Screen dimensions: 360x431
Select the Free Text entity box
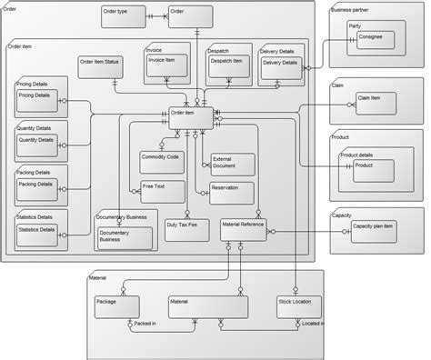pos(160,192)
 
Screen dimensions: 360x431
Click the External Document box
pos(231,165)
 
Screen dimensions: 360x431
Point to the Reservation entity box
pos(231,192)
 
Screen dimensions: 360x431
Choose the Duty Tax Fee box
pos(186,228)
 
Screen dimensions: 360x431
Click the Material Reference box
pos(243,228)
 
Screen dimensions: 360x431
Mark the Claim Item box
pos(376,102)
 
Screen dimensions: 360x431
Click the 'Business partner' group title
pos(349,9)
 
